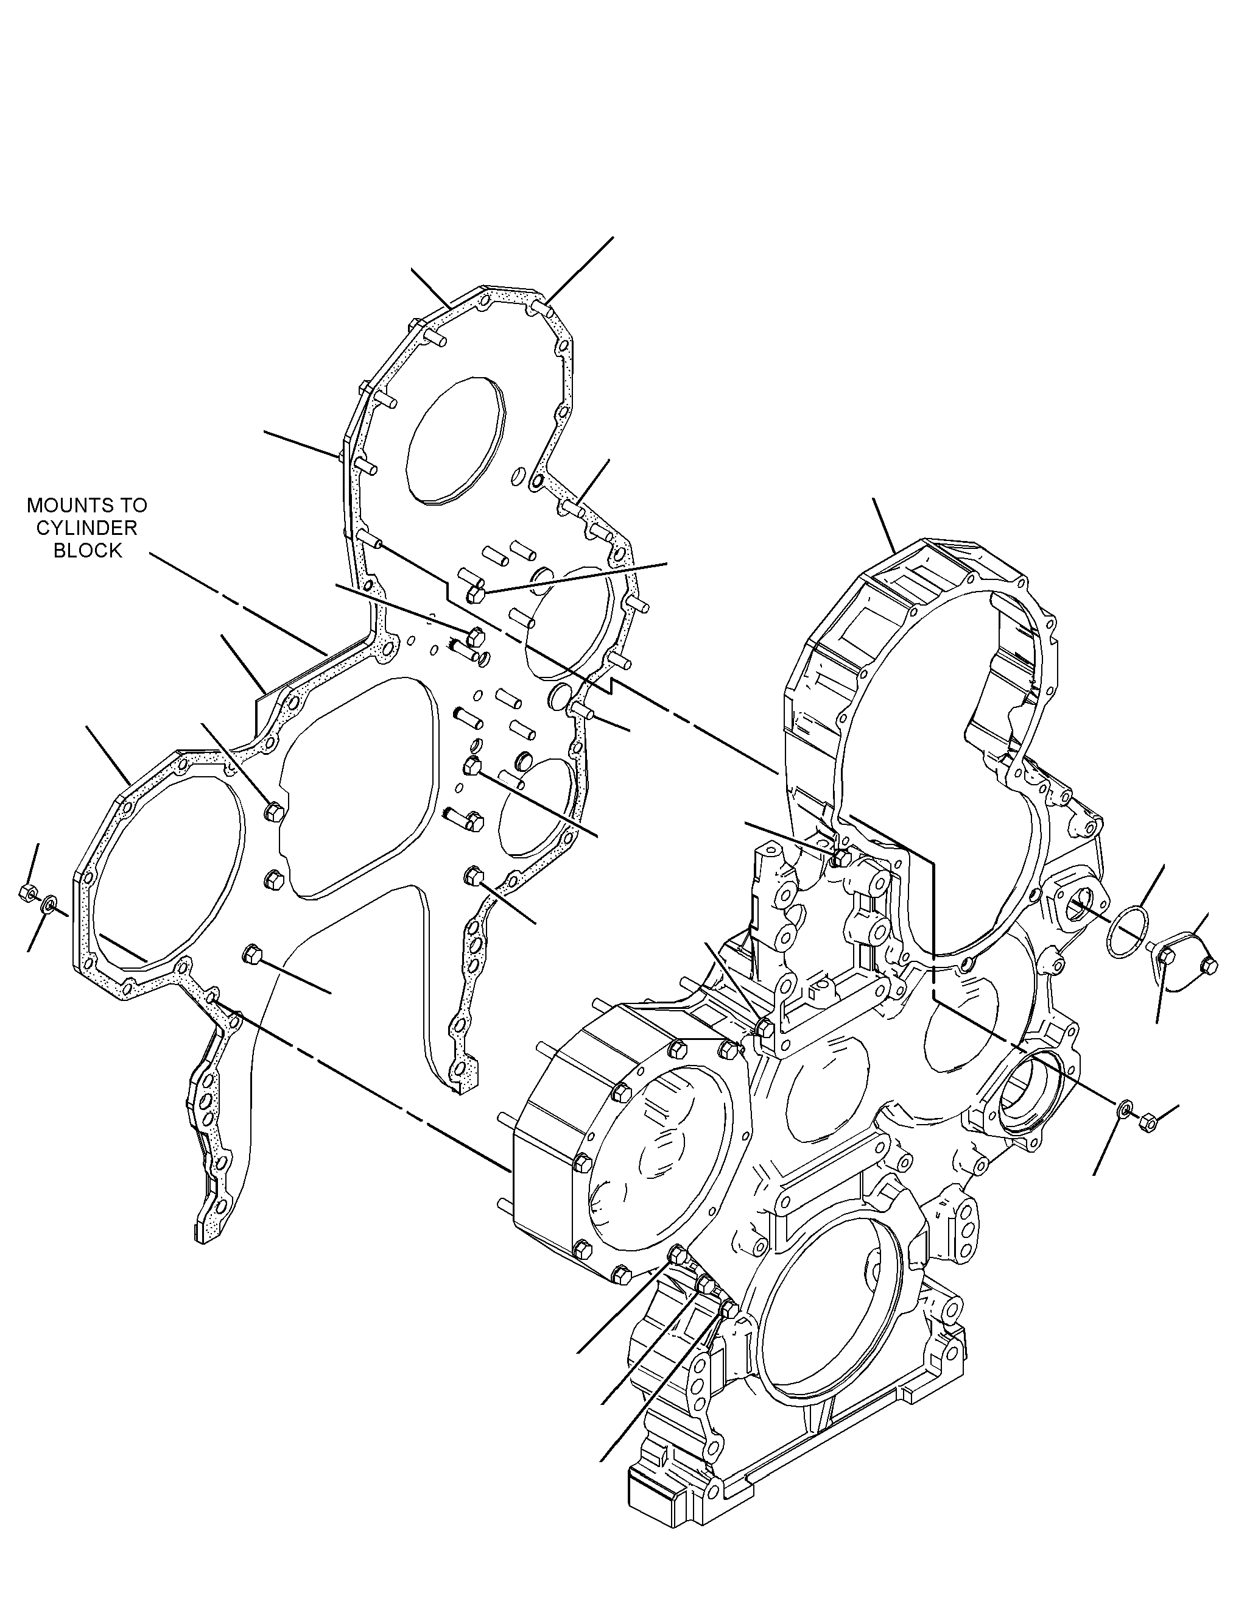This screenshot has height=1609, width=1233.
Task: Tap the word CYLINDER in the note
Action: (86, 528)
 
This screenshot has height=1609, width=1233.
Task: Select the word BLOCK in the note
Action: (87, 551)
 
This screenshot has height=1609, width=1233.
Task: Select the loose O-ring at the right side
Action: (1125, 933)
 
